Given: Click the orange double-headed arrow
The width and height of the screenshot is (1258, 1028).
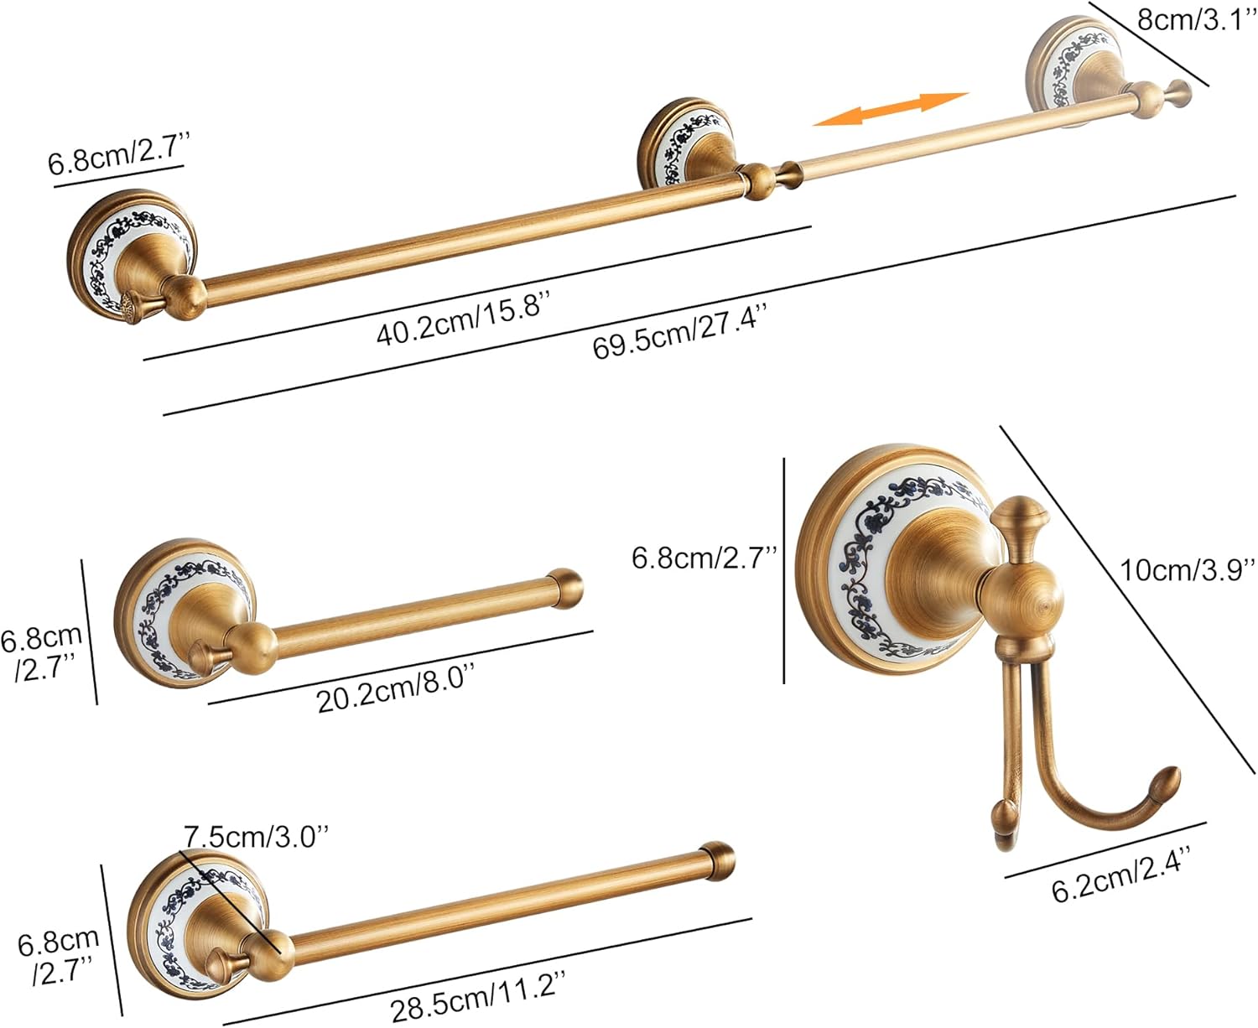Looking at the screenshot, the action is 890,109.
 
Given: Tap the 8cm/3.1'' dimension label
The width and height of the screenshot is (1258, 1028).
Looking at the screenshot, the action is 1196,19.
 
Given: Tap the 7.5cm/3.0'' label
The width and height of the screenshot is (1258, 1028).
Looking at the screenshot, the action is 256,836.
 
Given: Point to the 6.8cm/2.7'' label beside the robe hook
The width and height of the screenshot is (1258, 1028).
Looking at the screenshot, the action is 704,558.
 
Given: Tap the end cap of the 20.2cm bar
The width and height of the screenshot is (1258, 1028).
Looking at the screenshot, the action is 564,588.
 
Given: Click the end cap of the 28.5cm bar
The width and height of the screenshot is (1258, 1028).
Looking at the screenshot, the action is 718,860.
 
